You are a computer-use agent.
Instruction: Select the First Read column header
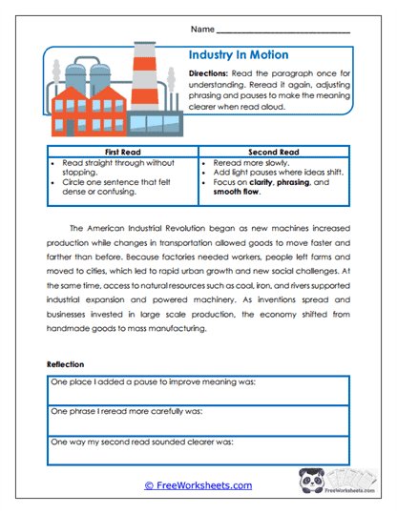120,152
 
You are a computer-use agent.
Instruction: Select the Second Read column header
275,152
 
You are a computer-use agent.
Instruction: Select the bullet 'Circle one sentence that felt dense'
117,182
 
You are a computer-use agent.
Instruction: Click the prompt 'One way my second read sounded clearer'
140,442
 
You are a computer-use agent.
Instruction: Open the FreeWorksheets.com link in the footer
198,485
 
